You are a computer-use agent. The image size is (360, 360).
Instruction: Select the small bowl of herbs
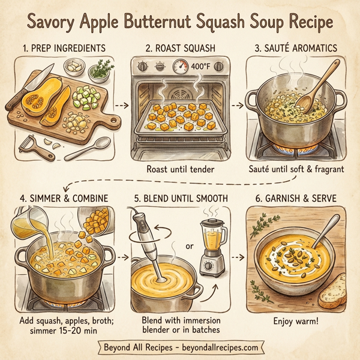(100, 71)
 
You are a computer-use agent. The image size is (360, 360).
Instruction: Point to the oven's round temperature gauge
(179, 67)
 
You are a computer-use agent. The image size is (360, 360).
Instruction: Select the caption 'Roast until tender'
(179, 169)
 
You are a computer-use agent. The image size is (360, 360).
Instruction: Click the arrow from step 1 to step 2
(121, 106)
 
